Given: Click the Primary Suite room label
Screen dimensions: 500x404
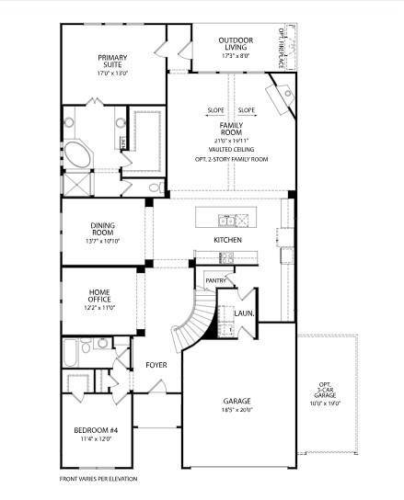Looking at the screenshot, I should [x=113, y=62].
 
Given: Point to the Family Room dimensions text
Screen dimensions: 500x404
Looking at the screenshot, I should [x=230, y=138].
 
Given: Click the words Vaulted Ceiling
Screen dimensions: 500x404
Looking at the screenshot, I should [x=230, y=148].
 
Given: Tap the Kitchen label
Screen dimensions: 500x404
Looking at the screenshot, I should [x=227, y=240].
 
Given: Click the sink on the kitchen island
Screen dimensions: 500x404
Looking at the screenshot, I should [x=226, y=220].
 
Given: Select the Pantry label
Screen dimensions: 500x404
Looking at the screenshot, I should [x=216, y=280].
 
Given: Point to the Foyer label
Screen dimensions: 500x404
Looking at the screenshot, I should [x=156, y=365].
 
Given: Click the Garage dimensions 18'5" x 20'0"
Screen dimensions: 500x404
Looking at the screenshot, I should [x=237, y=410].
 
